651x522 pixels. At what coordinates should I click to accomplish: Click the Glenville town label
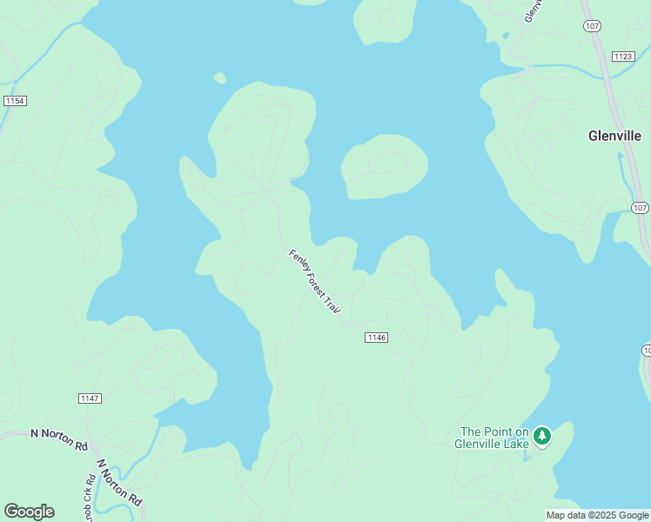pyautogui.click(x=614, y=136)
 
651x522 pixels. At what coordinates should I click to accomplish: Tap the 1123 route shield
pyautogui.click(x=622, y=57)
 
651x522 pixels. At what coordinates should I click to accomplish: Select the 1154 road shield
pyautogui.click(x=15, y=101)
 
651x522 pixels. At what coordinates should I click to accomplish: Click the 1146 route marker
pyautogui.click(x=376, y=338)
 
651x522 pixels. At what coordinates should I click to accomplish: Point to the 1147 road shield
pyautogui.click(x=90, y=398)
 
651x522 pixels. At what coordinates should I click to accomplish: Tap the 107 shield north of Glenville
pyautogui.click(x=593, y=27)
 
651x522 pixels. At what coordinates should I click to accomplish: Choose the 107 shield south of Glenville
pyautogui.click(x=640, y=207)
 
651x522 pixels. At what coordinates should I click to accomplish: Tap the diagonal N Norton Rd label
pyautogui.click(x=119, y=483)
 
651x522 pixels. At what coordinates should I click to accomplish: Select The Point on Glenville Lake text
pyautogui.click(x=493, y=438)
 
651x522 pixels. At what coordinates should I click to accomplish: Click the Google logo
pyautogui.click(x=29, y=512)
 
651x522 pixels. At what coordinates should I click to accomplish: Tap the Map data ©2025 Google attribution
pyautogui.click(x=597, y=515)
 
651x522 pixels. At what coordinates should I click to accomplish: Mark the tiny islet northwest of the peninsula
pyautogui.click(x=219, y=78)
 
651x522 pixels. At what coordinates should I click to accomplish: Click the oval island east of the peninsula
pyautogui.click(x=384, y=166)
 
